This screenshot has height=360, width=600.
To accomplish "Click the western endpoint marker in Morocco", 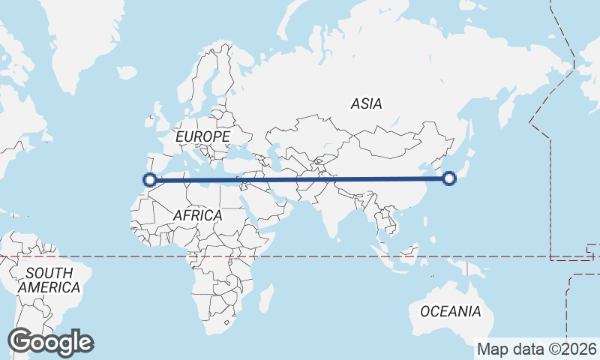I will click(x=150, y=179).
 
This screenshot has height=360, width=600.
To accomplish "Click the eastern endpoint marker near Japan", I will click(x=449, y=178).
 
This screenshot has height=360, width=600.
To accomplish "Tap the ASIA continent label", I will click(x=366, y=104).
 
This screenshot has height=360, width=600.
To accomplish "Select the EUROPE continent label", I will click(x=202, y=136).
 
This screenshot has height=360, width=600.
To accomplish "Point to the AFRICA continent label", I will click(x=197, y=215).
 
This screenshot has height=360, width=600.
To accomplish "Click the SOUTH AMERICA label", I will click(x=49, y=280).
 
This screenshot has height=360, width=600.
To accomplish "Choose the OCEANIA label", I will click(x=450, y=311).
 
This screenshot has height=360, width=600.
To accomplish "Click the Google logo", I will click(x=50, y=342).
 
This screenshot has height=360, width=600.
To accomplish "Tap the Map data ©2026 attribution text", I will click(x=537, y=349).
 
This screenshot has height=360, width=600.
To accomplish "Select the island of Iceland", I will click(x=127, y=73).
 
